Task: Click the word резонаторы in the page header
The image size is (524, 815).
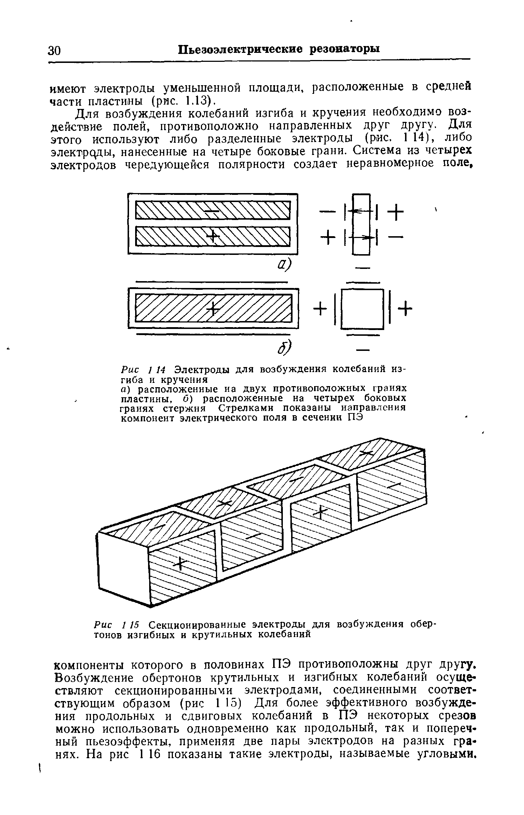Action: click(345, 49)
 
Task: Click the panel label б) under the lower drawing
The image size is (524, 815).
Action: click(285, 347)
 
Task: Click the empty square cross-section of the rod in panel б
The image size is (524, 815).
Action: click(362, 309)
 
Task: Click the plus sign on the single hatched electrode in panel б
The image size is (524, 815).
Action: click(213, 308)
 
